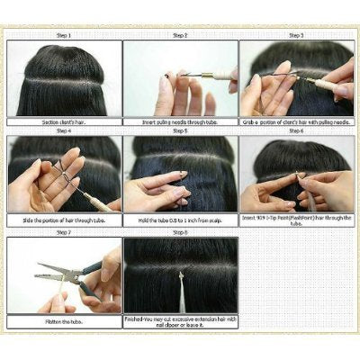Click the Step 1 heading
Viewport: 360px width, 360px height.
[x=65, y=34]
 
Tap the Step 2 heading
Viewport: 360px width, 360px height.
[x=180, y=34]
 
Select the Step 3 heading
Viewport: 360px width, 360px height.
[x=296, y=34]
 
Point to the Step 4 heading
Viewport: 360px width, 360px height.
[x=65, y=130]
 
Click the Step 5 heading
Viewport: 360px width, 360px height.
[x=180, y=130]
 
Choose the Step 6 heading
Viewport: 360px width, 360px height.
[x=296, y=130]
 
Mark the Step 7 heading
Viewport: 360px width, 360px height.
[x=65, y=231]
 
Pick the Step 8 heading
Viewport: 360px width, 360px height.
[x=180, y=231]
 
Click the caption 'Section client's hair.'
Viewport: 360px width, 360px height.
[x=65, y=121]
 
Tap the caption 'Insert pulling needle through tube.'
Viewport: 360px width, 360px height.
[x=180, y=121]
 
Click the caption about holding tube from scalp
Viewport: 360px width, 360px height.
[x=180, y=219]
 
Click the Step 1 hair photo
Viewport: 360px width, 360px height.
[x=65, y=76]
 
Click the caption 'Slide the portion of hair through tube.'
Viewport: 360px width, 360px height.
[x=65, y=219]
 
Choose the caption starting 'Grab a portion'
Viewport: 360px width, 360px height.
[x=296, y=121]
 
